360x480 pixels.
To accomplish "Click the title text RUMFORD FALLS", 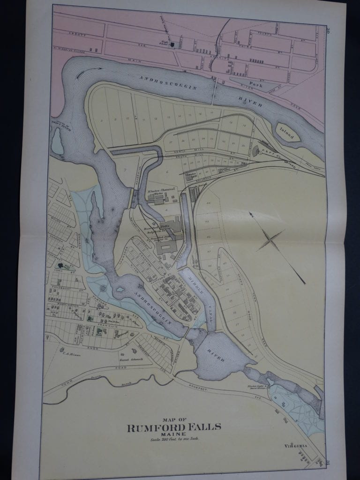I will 174,427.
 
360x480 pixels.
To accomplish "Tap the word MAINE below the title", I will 173,434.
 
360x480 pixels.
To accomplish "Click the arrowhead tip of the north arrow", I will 250,213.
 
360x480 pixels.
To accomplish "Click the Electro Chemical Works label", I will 161,193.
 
